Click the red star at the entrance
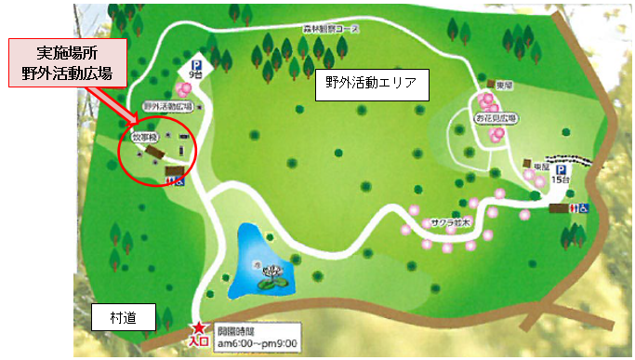click(x=199, y=327)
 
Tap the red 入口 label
click(x=198, y=342)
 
